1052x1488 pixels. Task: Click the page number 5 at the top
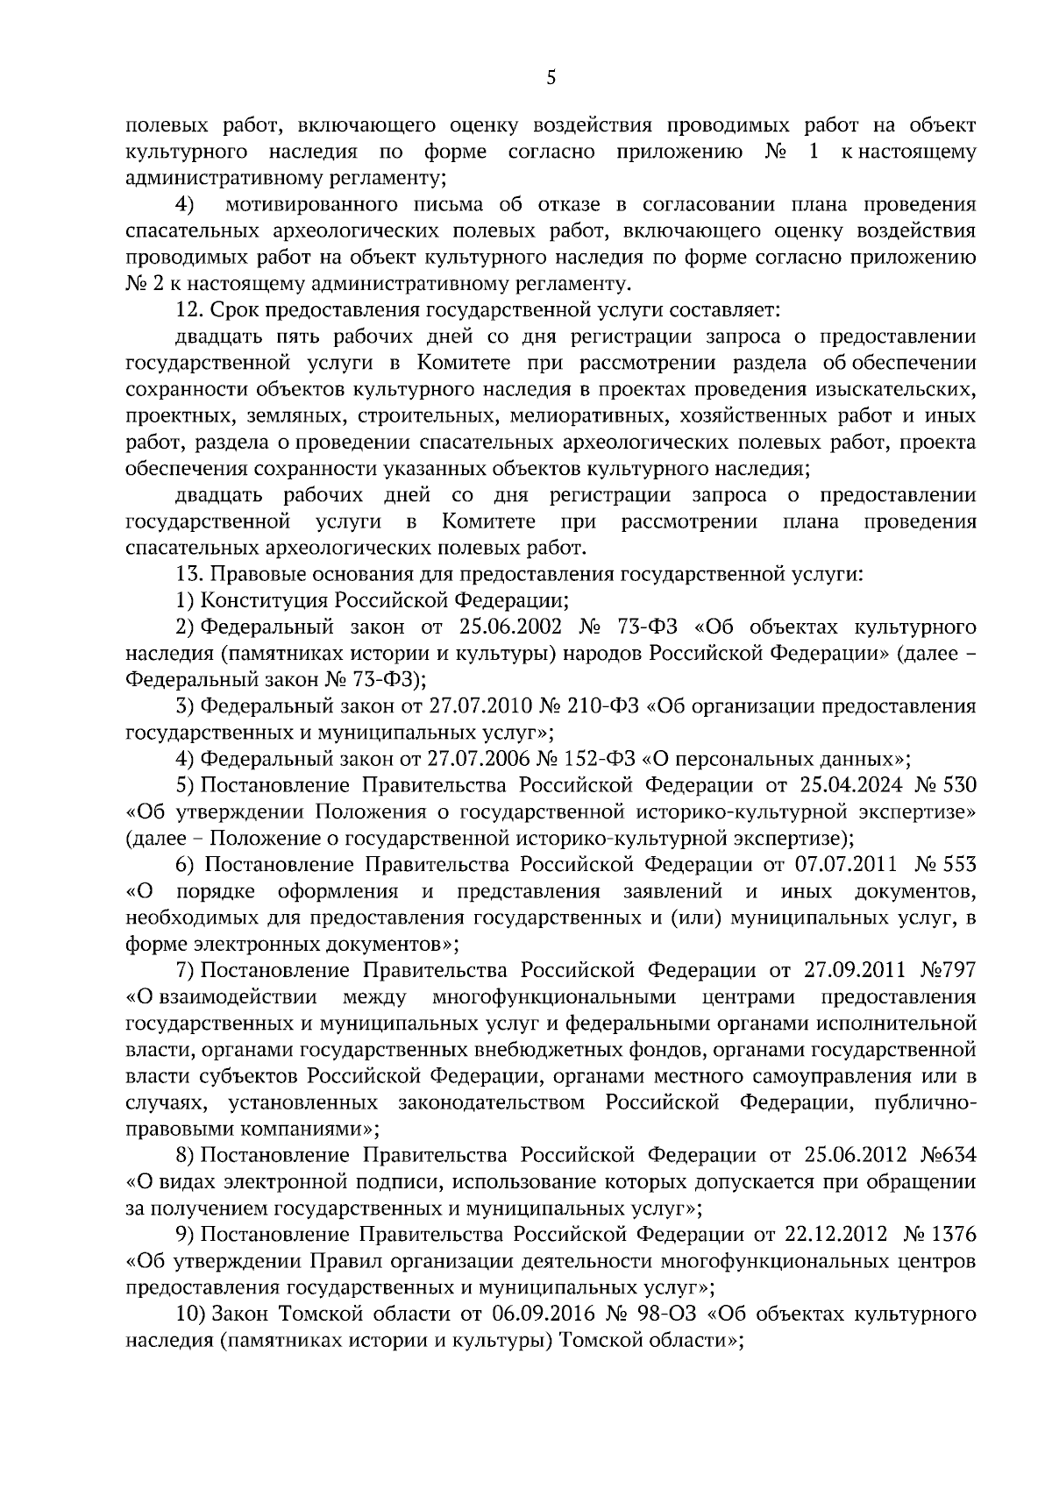(551, 78)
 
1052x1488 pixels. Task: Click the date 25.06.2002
(508, 627)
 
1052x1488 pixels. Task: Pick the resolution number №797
(949, 971)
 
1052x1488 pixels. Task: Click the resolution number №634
(949, 1155)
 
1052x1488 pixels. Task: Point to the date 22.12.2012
(835, 1235)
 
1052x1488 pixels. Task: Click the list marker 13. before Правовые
(190, 575)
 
